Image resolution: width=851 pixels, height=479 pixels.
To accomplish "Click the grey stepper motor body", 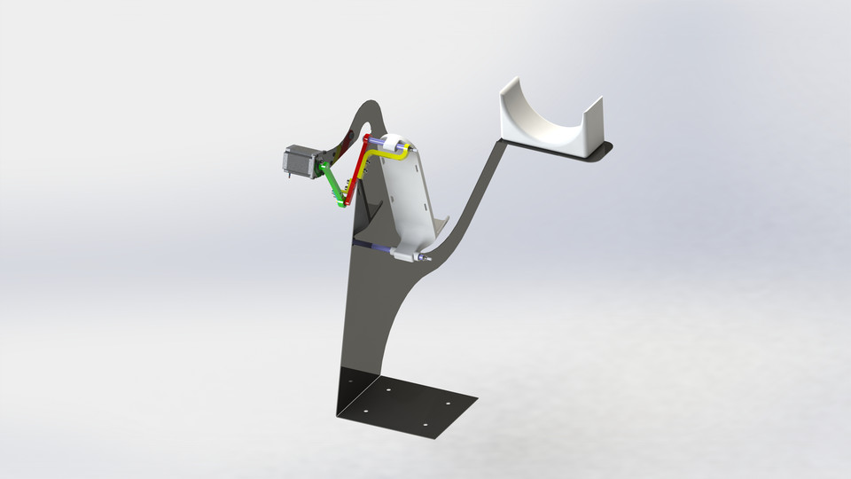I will tap(296, 161).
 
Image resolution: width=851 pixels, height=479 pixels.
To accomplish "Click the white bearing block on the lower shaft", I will tap(404, 256).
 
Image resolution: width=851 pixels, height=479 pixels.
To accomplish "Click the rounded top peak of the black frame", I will tap(374, 103).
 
